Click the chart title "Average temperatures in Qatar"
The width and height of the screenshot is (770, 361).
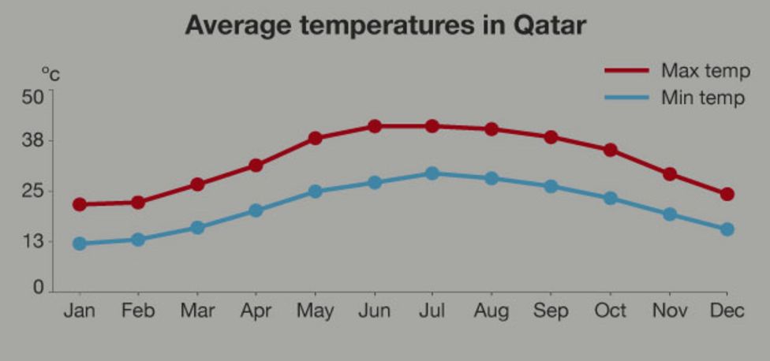click(385, 25)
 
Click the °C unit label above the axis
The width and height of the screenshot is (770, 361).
click(50, 75)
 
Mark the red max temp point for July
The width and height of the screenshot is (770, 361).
click(432, 126)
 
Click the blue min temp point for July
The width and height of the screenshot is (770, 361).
click(432, 173)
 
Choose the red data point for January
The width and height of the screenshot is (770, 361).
click(80, 204)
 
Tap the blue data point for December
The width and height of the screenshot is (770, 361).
click(727, 229)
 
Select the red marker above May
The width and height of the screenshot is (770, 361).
click(316, 138)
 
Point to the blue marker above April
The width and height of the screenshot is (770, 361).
click(256, 210)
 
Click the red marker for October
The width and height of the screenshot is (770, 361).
click(610, 150)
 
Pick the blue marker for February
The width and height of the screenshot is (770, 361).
click(138, 239)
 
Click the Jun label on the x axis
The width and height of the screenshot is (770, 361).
click(374, 311)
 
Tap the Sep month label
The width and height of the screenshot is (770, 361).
click(550, 311)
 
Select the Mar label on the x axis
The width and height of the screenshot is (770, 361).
click(197, 311)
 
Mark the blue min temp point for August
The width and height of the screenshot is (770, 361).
click(492, 178)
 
